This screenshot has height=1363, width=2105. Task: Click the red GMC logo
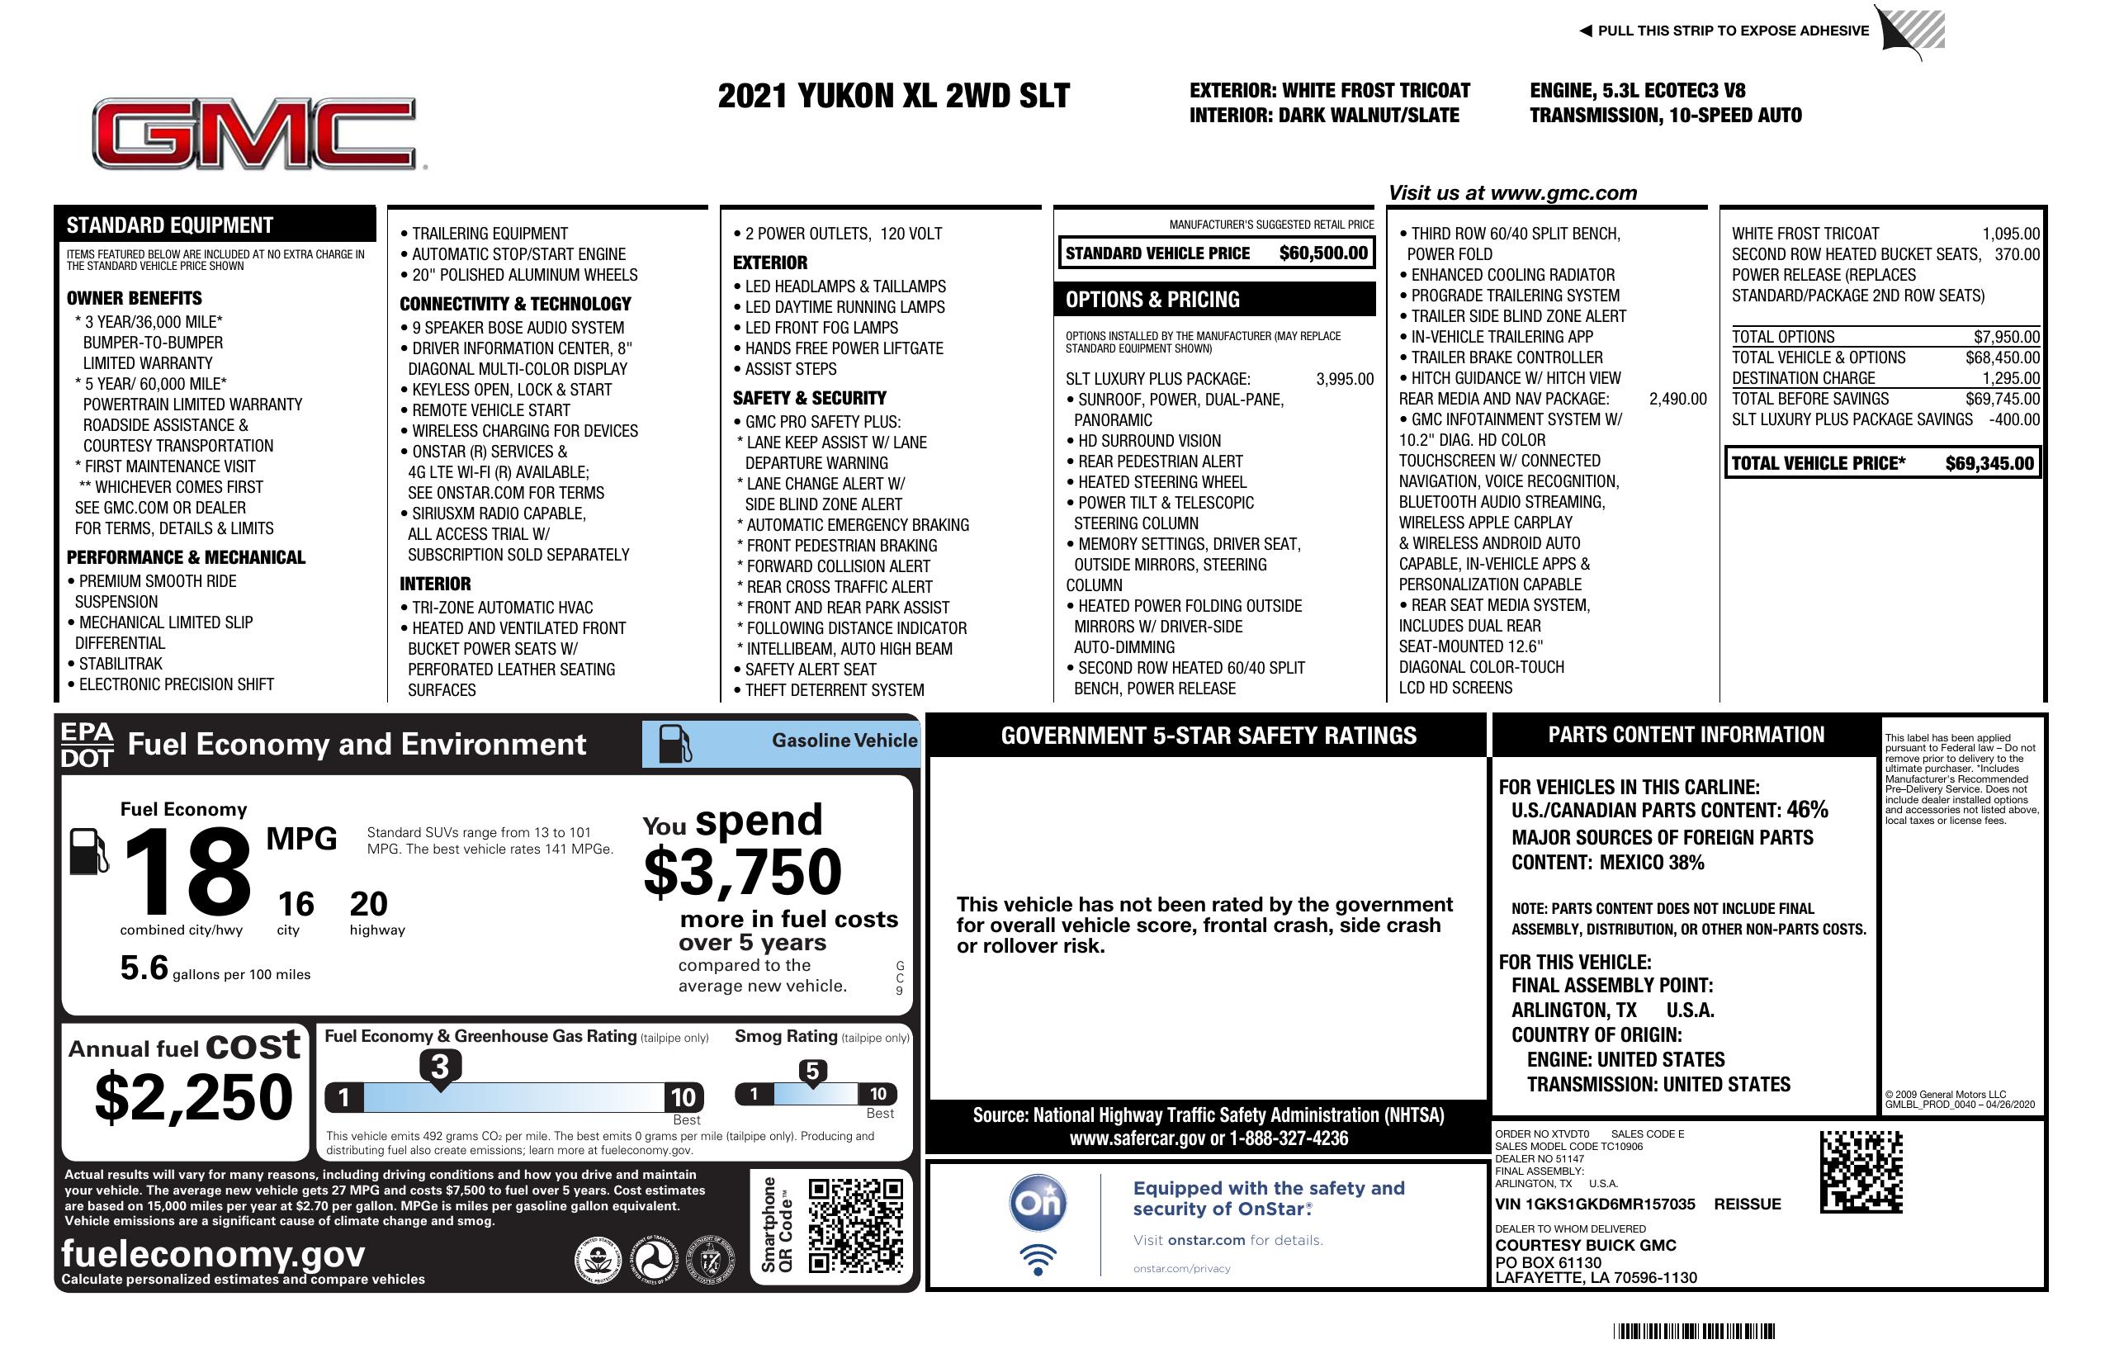(x=256, y=134)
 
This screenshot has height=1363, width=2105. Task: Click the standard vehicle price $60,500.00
(x=1322, y=253)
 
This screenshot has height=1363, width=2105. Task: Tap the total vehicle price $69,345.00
(x=1989, y=463)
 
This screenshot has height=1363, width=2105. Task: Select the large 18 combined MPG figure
(x=187, y=872)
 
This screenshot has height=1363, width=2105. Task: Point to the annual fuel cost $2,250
(x=194, y=1097)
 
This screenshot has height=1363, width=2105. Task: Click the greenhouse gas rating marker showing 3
(x=439, y=1067)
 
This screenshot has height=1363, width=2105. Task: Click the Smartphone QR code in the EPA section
(x=856, y=1225)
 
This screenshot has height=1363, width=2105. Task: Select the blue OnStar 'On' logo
(x=1038, y=1203)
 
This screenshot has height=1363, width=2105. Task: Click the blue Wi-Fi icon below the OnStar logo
(x=1038, y=1260)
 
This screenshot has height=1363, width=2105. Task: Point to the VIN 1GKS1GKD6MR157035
(x=1595, y=1204)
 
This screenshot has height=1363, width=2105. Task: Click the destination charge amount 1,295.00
(x=2010, y=377)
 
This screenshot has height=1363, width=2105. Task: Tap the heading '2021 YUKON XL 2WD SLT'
(x=893, y=96)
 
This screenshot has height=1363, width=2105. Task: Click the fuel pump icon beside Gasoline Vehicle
(x=676, y=744)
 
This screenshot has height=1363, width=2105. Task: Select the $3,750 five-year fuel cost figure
(x=743, y=872)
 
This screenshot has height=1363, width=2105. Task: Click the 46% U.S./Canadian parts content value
(x=1807, y=809)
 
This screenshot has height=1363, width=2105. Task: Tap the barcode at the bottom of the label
(x=1694, y=1331)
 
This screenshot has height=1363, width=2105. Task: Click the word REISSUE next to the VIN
(x=1747, y=1204)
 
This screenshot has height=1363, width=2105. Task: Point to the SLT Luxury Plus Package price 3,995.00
(x=1345, y=380)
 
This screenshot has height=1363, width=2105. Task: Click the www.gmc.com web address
(x=1563, y=193)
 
